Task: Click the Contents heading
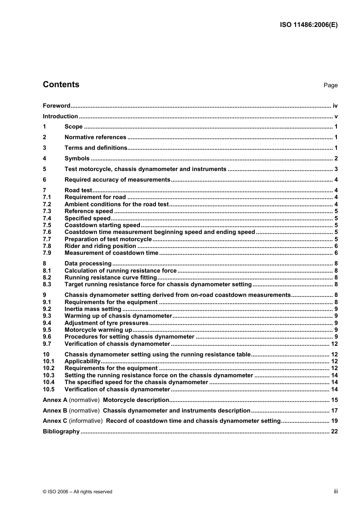[x=61, y=85]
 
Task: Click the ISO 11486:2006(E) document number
[x=308, y=25]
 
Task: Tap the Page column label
[x=330, y=85]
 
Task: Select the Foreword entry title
[x=56, y=106]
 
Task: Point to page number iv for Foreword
[x=335, y=106]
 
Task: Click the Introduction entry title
[x=60, y=116]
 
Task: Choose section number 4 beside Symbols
[x=44, y=158]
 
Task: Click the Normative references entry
[x=95, y=137]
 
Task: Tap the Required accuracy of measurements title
[x=117, y=180]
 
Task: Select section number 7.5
[x=47, y=225]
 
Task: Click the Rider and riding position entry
[x=100, y=246]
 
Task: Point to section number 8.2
[x=47, y=278]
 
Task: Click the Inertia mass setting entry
[x=93, y=309]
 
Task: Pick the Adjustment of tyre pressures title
[x=106, y=323]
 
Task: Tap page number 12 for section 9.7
[x=334, y=344]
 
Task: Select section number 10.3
[x=49, y=375]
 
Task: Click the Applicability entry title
[x=82, y=361]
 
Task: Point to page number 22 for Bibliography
[x=334, y=432]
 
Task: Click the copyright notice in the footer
[x=78, y=492]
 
